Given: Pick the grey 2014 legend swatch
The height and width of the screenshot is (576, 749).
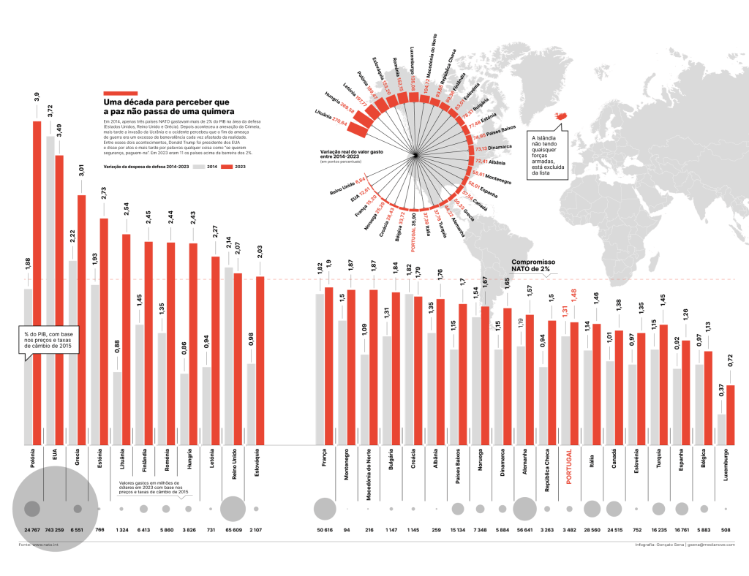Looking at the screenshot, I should pyautogui.click(x=192, y=167).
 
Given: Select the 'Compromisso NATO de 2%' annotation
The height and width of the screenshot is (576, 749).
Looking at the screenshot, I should pyautogui.click(x=533, y=265).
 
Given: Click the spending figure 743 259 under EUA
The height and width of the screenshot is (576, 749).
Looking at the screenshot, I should pyautogui.click(x=55, y=528).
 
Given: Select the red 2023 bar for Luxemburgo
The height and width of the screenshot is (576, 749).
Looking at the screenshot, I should pyautogui.click(x=730, y=414).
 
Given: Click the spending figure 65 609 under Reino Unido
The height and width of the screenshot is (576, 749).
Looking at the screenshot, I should pyautogui.click(x=233, y=528).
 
